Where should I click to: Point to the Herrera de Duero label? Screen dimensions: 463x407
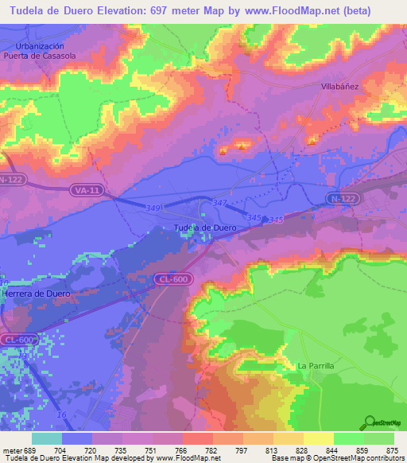pos(37,294)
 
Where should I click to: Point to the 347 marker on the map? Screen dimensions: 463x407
pos(220,205)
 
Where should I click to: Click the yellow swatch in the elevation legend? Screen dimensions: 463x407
pos(319,438)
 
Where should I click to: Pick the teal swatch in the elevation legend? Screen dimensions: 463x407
pos(47,438)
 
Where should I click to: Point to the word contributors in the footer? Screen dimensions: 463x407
pos(382,458)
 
